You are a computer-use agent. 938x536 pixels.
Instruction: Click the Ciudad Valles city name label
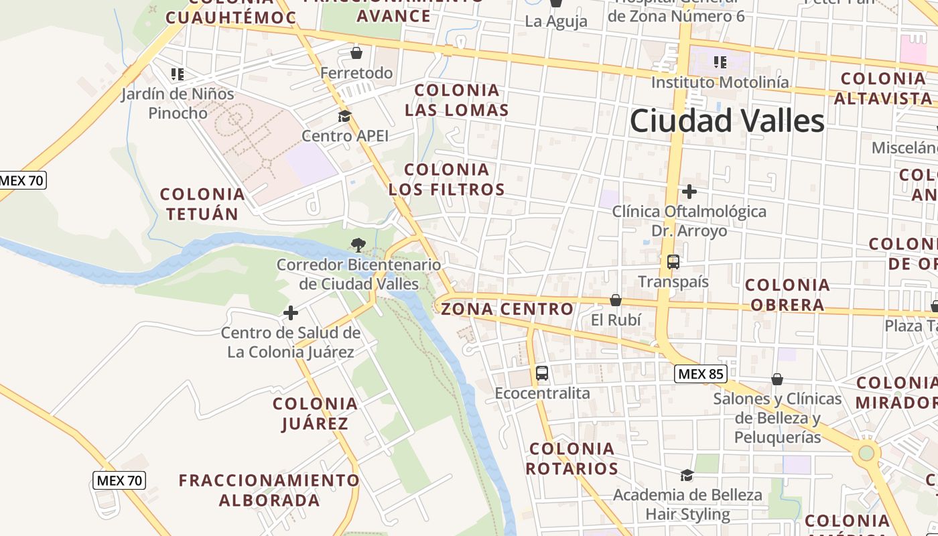click(x=727, y=121)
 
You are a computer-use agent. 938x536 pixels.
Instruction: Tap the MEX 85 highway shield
click(x=700, y=374)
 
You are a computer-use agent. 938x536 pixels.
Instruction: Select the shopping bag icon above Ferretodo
click(x=356, y=52)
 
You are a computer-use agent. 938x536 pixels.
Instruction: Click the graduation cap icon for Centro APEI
click(x=344, y=117)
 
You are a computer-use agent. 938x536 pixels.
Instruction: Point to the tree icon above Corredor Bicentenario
click(x=358, y=245)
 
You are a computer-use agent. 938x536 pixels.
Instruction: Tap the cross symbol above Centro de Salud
click(x=291, y=313)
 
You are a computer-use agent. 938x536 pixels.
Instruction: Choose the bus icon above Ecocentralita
click(x=542, y=373)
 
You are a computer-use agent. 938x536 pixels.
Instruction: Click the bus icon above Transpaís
click(x=673, y=262)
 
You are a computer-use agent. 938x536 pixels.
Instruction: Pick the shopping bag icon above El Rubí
click(x=616, y=300)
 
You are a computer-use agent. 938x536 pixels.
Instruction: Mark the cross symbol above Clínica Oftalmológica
click(x=689, y=192)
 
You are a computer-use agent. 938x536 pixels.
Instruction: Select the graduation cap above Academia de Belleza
click(x=687, y=476)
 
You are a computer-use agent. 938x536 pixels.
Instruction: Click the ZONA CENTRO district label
click(x=507, y=309)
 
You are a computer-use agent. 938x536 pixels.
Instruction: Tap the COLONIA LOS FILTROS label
click(x=447, y=180)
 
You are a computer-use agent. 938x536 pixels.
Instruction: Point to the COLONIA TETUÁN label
click(x=202, y=204)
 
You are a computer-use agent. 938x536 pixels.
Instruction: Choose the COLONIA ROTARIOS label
click(x=572, y=458)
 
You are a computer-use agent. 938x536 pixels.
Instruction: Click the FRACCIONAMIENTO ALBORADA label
click(x=269, y=490)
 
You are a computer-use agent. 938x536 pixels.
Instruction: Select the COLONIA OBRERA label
click(x=787, y=295)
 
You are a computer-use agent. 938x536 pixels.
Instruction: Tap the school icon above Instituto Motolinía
click(x=720, y=62)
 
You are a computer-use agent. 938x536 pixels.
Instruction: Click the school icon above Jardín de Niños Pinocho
click(x=178, y=74)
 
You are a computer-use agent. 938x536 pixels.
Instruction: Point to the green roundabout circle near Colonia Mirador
click(x=866, y=453)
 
